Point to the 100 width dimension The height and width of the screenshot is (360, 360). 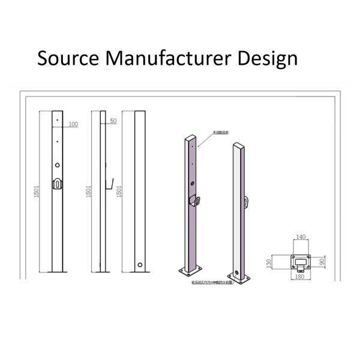(73, 124)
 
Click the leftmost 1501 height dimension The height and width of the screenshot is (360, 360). (37, 192)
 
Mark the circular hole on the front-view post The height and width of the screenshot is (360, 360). (57, 165)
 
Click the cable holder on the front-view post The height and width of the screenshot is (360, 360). (57, 184)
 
